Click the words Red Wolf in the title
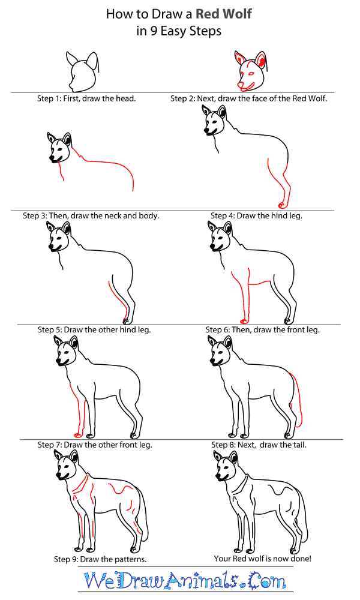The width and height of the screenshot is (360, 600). [223, 14]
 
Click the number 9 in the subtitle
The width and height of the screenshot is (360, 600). [154, 31]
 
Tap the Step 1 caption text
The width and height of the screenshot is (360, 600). [86, 98]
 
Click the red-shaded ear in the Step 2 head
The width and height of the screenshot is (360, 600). [260, 60]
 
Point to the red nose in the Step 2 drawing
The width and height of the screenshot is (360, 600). [239, 84]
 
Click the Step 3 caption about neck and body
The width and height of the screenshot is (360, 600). [91, 215]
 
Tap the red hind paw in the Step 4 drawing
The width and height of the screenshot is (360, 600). [281, 205]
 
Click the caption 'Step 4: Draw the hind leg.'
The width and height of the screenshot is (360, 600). [256, 215]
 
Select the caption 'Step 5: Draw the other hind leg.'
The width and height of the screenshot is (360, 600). [94, 329]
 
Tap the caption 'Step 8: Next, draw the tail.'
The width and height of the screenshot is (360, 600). [259, 445]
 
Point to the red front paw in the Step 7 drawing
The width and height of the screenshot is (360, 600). [78, 435]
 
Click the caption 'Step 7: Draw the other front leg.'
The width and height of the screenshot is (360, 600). [95, 445]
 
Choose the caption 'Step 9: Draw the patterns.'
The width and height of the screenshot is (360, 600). [100, 559]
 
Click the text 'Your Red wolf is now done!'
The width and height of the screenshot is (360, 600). [262, 559]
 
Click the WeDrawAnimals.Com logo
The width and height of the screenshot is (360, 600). [185, 581]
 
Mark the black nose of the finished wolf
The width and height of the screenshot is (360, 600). [218, 476]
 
